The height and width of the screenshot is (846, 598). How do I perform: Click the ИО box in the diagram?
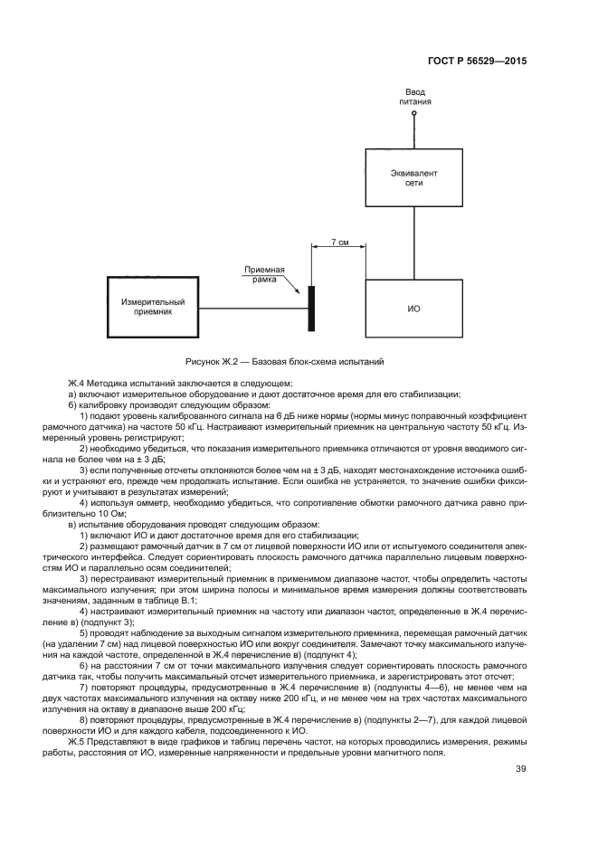[x=413, y=309]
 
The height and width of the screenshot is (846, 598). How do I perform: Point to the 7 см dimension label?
[x=339, y=243]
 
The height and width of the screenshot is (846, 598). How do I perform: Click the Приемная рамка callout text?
[x=268, y=274]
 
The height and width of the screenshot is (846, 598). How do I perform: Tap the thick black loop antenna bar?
[x=310, y=309]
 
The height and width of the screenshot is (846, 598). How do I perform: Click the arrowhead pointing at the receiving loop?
[x=301, y=291]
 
